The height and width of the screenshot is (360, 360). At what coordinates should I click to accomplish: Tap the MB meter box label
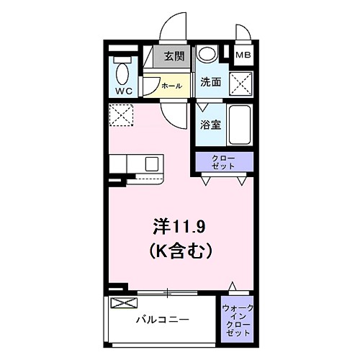tap(245, 54)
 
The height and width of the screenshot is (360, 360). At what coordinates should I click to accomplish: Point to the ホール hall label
tap(171, 86)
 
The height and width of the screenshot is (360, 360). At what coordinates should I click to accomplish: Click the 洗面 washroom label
tap(210, 83)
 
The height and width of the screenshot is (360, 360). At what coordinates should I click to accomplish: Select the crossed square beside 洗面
tap(241, 82)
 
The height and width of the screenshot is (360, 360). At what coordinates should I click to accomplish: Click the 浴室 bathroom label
tap(210, 124)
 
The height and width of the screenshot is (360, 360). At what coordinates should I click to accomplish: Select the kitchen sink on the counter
tap(152, 163)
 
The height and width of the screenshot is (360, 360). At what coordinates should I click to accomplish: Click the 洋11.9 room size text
tap(180, 227)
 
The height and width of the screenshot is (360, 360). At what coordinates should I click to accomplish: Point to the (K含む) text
tap(180, 251)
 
